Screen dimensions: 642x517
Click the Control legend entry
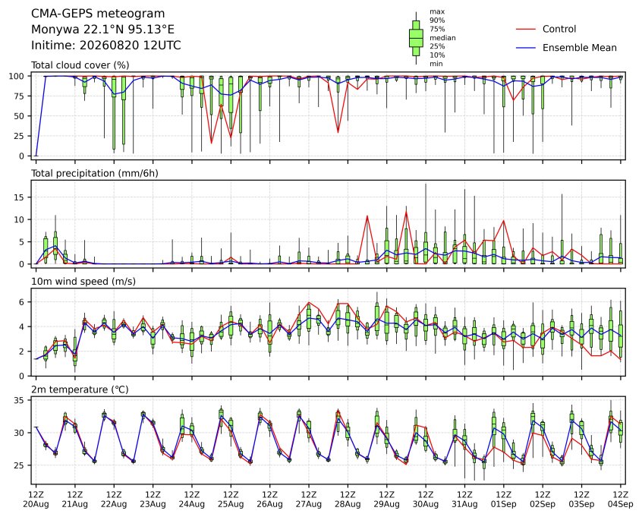(546, 29)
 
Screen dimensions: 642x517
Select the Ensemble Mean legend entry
(566, 48)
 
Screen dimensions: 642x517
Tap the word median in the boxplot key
(442, 38)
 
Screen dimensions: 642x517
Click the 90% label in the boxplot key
(437, 20)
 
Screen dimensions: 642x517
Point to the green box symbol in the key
(416, 38)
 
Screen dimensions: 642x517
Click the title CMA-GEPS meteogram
(98, 14)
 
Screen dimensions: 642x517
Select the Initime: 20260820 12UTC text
(106, 45)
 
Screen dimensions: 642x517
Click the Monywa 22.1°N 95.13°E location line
(102, 30)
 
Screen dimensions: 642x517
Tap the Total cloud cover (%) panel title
(80, 65)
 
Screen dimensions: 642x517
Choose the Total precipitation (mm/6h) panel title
(95, 173)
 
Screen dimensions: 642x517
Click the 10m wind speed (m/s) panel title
(83, 282)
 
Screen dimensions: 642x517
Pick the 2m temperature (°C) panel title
(80, 389)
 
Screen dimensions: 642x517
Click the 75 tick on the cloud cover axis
(19, 96)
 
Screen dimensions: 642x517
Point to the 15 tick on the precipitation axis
(19, 197)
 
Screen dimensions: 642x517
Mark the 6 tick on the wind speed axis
(22, 302)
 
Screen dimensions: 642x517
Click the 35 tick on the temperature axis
(19, 400)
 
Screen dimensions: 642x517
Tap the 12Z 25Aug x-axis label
(231, 499)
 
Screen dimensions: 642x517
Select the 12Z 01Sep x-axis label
(504, 499)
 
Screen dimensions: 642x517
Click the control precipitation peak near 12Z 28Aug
(367, 216)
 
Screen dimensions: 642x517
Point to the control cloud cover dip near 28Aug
(338, 132)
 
